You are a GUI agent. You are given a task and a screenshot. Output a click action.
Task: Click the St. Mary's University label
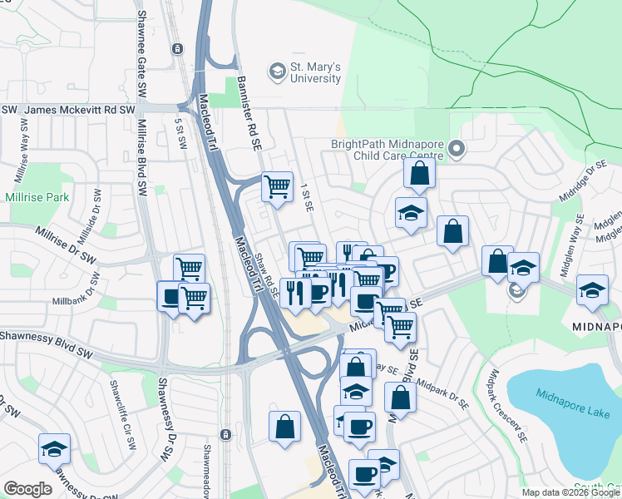314,72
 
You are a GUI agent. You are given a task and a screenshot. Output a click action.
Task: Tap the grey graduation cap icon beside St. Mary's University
274,72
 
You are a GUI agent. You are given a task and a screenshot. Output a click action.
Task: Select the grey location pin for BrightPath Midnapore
457,150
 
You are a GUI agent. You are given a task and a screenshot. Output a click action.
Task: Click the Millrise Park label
36,198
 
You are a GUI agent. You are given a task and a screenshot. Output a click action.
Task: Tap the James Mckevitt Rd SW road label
79,110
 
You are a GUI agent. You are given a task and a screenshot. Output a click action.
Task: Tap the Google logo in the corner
27,489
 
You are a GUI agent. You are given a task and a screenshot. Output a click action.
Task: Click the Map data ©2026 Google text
570,492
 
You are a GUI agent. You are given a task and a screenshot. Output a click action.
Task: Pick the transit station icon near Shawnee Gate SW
177,48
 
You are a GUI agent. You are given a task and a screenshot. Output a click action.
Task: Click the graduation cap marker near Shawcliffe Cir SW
55,448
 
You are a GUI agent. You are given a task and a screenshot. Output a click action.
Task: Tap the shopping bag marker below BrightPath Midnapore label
420,173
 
